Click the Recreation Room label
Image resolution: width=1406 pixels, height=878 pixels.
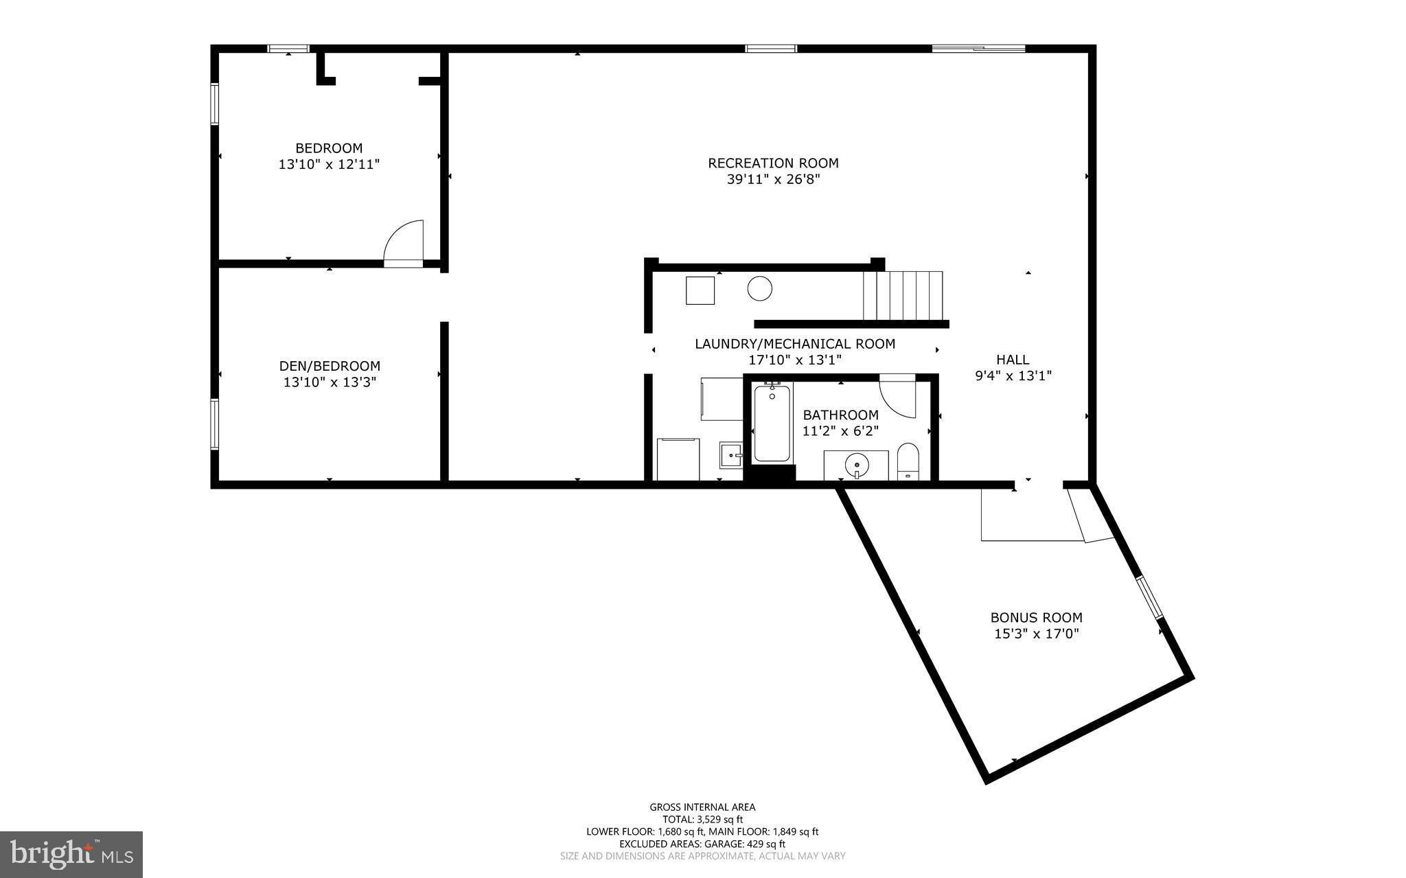click(773, 163)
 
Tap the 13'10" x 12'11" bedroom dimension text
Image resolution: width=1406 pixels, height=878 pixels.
click(329, 165)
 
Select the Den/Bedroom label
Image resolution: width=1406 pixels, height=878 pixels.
click(330, 366)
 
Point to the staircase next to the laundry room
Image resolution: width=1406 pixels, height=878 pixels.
click(903, 295)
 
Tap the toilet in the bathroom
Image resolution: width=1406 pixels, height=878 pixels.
click(908, 461)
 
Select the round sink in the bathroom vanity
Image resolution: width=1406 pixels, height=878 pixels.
click(857, 465)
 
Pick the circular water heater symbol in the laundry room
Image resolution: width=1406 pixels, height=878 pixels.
click(759, 288)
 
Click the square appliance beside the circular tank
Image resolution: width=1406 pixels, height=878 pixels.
click(700, 290)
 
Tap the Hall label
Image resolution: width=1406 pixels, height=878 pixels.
click(1013, 359)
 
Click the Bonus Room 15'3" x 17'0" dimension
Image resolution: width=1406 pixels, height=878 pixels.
click(1037, 634)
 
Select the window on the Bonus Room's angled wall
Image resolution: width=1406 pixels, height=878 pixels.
click(1149, 596)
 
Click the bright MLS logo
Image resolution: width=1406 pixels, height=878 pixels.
click(71, 854)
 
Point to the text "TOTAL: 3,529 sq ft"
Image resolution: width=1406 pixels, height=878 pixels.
click(702, 819)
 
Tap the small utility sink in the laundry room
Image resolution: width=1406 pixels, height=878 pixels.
click(731, 454)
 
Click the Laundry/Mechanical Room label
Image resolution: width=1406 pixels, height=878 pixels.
click(795, 344)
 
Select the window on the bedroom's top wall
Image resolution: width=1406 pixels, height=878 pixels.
click(288, 48)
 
